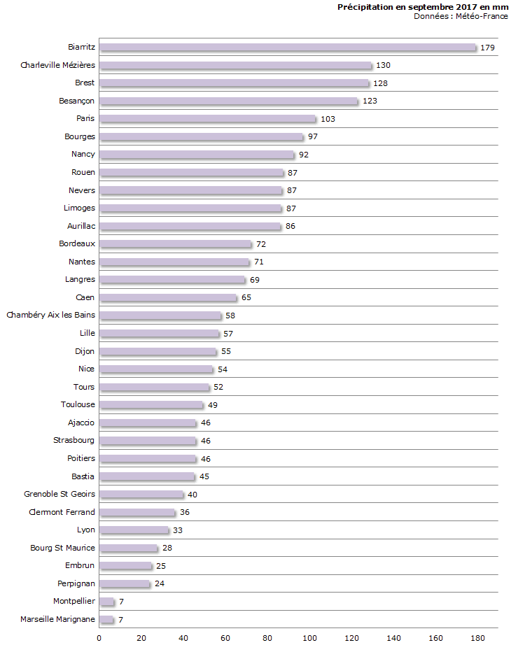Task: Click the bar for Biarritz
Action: (288, 48)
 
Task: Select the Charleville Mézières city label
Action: (57, 65)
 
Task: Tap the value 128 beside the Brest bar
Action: (380, 83)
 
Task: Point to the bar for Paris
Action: (207, 119)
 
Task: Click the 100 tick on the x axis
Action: (309, 637)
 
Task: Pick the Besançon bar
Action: (228, 101)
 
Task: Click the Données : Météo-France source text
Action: (461, 16)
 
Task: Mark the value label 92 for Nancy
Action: (304, 155)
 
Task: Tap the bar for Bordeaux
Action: (175, 244)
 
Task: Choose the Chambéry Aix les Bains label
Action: (50, 316)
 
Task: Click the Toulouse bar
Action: (150, 405)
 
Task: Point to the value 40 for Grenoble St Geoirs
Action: (193, 495)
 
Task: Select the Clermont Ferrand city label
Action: (62, 512)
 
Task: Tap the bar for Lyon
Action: (134, 530)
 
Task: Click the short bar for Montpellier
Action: (106, 602)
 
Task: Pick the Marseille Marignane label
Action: (57, 619)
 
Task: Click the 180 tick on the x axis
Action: (478, 637)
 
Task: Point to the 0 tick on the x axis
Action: (99, 637)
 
